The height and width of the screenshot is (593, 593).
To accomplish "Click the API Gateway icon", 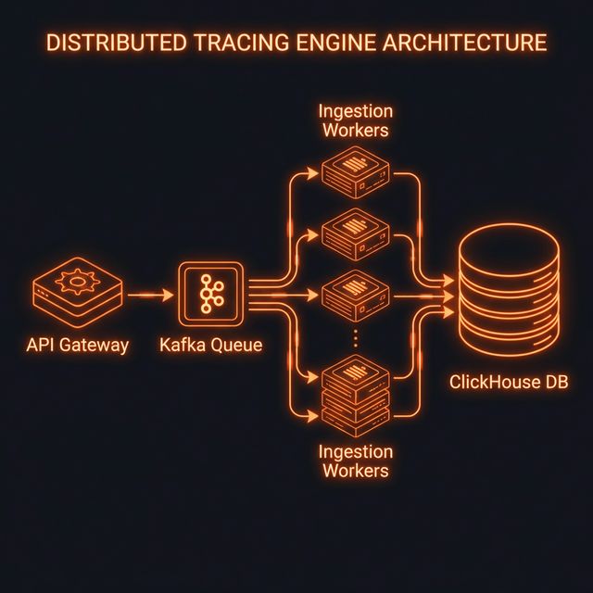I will coord(76,293).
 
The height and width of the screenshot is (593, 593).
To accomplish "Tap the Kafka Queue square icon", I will coord(210,295).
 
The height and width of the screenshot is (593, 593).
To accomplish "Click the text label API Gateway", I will coord(78,346).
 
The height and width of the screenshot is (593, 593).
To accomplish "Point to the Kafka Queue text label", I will coord(211,346).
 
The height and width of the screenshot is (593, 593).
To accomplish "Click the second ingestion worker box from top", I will coord(352,230).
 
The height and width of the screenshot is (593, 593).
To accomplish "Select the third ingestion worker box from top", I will coord(352,295).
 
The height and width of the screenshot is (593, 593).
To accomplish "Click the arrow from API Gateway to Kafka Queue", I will coord(149,296).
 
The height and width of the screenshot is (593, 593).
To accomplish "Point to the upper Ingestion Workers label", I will coord(354,120).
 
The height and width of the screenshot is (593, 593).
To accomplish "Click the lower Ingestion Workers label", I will coord(354,461).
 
